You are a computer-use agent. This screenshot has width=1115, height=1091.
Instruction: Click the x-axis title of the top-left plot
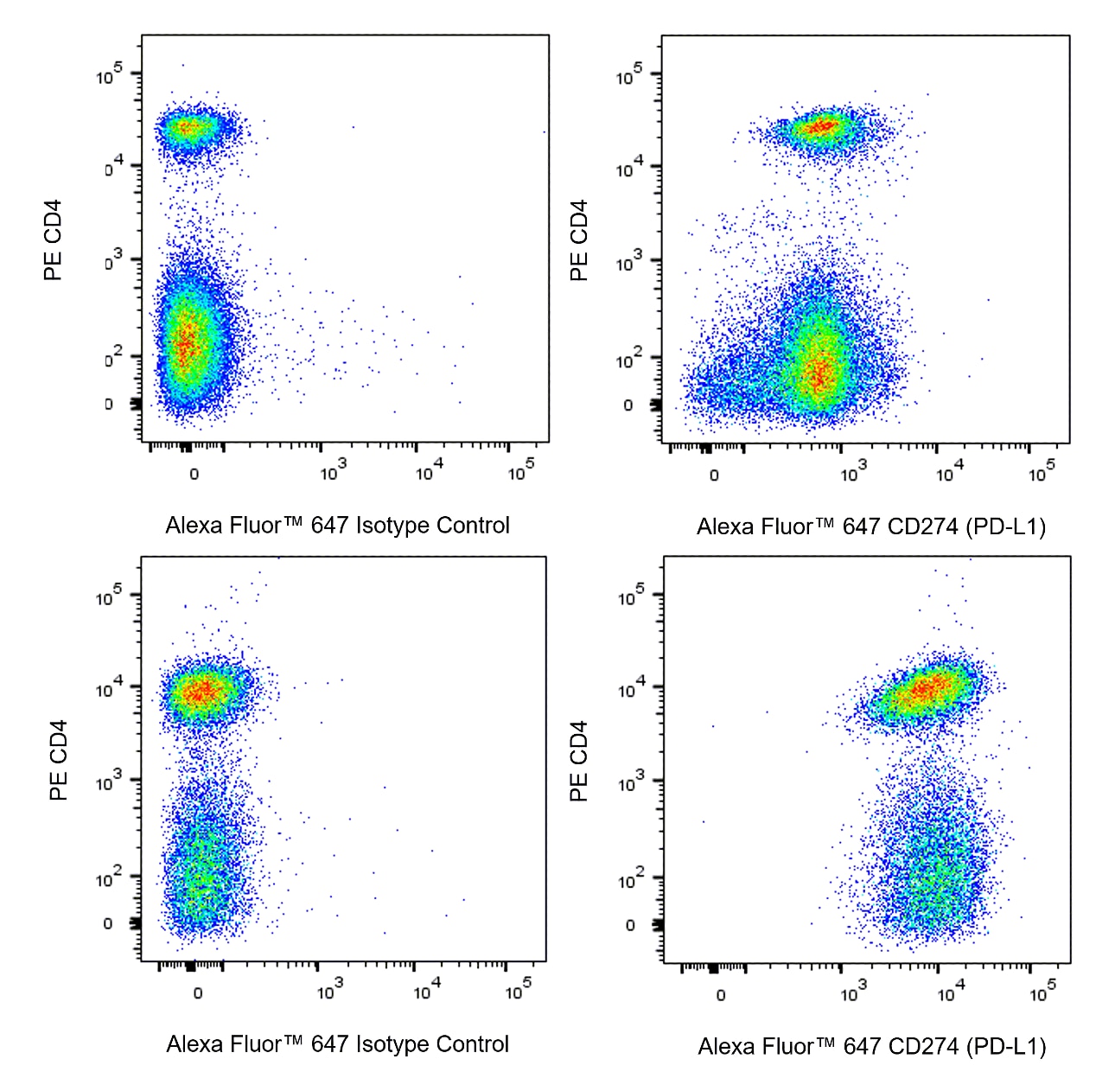(337, 525)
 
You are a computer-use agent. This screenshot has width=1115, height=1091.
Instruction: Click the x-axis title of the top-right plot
(871, 526)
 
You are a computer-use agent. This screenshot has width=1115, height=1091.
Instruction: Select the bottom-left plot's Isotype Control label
(337, 1044)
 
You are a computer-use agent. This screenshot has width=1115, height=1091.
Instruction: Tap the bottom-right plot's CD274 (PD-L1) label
(872, 1046)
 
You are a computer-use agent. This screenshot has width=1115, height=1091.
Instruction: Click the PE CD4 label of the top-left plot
(54, 240)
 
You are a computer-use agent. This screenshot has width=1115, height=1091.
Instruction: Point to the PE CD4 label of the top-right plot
(579, 240)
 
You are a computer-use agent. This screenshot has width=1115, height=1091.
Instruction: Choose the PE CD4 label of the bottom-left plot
(58, 761)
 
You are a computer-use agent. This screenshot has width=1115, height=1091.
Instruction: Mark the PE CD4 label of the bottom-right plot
(579, 761)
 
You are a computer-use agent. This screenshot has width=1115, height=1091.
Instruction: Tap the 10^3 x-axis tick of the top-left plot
(333, 471)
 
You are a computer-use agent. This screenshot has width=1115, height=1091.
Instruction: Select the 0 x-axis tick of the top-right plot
(714, 475)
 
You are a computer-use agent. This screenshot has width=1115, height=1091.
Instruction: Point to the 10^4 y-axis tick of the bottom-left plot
(110, 689)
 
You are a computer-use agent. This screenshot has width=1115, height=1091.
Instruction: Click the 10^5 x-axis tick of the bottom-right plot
(1042, 992)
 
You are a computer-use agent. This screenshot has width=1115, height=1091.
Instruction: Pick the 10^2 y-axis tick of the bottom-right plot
(631, 880)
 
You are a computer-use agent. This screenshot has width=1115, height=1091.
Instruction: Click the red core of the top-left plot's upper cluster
(188, 129)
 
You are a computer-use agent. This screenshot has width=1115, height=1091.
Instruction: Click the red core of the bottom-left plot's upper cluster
(201, 691)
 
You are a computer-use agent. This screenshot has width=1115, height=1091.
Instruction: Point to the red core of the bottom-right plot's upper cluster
(925, 689)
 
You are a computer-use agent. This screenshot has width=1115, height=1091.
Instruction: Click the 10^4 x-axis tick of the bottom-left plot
(426, 991)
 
